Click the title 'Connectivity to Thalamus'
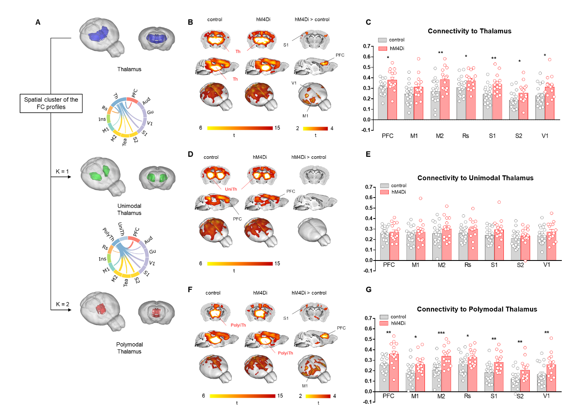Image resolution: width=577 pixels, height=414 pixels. [469, 31]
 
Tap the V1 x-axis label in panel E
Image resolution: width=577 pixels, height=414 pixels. [547, 265]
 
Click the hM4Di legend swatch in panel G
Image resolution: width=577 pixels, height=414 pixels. [384, 323]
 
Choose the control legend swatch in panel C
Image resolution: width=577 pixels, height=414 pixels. [382, 40]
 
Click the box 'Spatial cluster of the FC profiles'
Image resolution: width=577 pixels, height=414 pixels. [51, 103]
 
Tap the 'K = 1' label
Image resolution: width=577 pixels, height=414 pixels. [62, 171]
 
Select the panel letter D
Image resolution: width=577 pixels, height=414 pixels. [190, 154]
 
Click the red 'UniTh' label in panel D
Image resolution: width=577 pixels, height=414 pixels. [231, 189]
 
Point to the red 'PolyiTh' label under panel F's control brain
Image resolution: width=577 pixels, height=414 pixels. [238, 325]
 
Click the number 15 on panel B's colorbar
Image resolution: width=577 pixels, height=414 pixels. [277, 128]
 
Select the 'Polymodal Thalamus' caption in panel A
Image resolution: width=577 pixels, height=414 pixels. [129, 348]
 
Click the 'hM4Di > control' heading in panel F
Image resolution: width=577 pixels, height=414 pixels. [309, 293]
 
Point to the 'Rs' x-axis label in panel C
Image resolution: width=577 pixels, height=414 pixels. [466, 136]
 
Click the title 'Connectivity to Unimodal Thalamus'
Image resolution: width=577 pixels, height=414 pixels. [475, 178]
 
